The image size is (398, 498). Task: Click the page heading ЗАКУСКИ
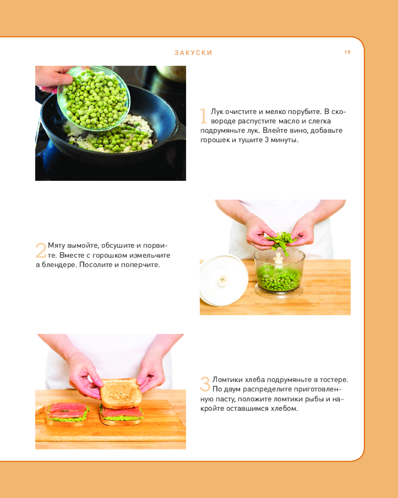[x=194, y=53]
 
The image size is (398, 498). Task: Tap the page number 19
[x=347, y=52]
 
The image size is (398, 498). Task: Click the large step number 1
[x=203, y=116]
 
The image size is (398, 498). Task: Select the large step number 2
[x=41, y=250]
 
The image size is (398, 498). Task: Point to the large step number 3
[x=205, y=384]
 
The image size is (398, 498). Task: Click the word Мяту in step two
[x=57, y=246]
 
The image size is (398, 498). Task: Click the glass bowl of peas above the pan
[x=94, y=99]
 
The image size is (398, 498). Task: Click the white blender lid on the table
[x=223, y=280]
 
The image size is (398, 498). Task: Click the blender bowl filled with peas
[x=279, y=273]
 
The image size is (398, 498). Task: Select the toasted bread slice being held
[x=120, y=393]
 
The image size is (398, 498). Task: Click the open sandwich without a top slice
[x=67, y=414]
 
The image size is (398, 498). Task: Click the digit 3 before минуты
[x=267, y=140]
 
